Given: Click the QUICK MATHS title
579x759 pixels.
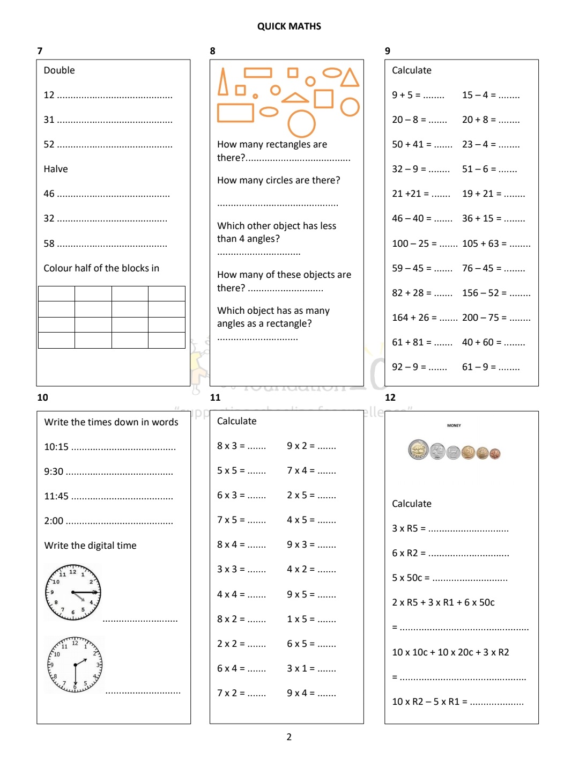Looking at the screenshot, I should tap(289, 26).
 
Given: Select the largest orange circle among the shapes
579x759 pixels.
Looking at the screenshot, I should tap(302, 124).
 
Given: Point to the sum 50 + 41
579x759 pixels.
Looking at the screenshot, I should tap(407, 144).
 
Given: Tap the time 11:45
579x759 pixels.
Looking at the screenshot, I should tap(56, 496).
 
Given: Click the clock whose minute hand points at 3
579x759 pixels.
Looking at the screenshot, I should tap(73, 592).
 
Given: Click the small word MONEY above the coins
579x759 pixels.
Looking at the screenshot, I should tap(454, 425).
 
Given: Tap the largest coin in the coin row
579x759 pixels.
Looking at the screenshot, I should tap(418, 450).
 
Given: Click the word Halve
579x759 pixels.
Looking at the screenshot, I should tap(56, 169).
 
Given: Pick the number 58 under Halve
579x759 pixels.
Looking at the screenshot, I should tap(49, 244).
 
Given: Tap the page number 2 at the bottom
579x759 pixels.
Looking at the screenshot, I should tap(289, 737).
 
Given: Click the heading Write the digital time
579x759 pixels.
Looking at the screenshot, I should tap(90, 546).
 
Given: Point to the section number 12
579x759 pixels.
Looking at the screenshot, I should tap(390, 397).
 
